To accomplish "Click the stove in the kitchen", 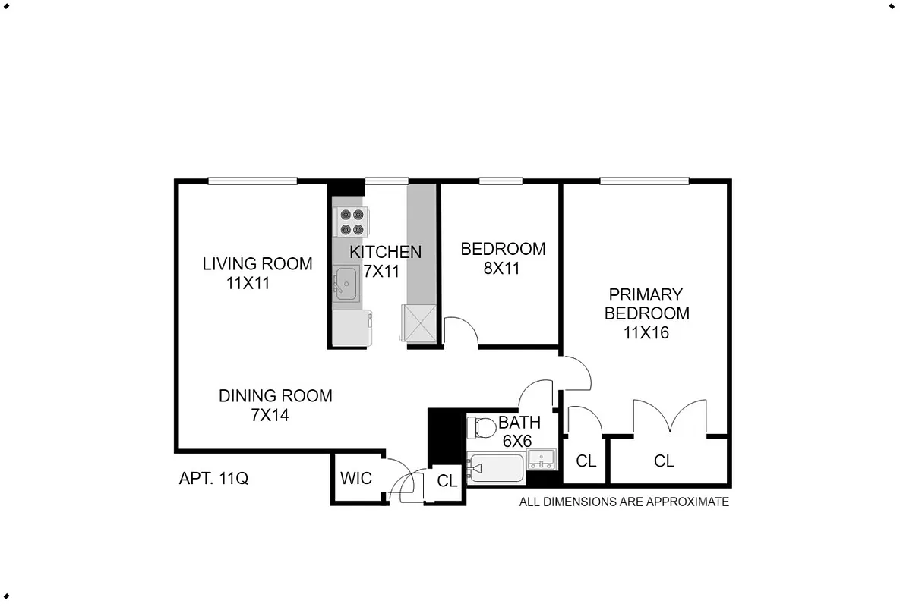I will coord(352,222).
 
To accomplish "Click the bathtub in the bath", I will coord(496,468).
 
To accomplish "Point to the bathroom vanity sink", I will coord(542,458).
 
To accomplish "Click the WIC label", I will coord(356,478).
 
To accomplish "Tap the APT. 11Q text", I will coord(213,479).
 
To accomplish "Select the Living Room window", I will coord(252,181).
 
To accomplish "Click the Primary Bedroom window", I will coord(644,181).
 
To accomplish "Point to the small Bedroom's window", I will coord(501,181).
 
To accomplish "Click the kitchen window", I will coord(386,181).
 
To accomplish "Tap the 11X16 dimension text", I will coord(647,332).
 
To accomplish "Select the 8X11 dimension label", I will coord(501,268).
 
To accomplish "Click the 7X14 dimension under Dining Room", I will coord(270,415).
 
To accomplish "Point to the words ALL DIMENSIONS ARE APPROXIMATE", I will coord(624,502).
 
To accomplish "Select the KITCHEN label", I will coord(385,252).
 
